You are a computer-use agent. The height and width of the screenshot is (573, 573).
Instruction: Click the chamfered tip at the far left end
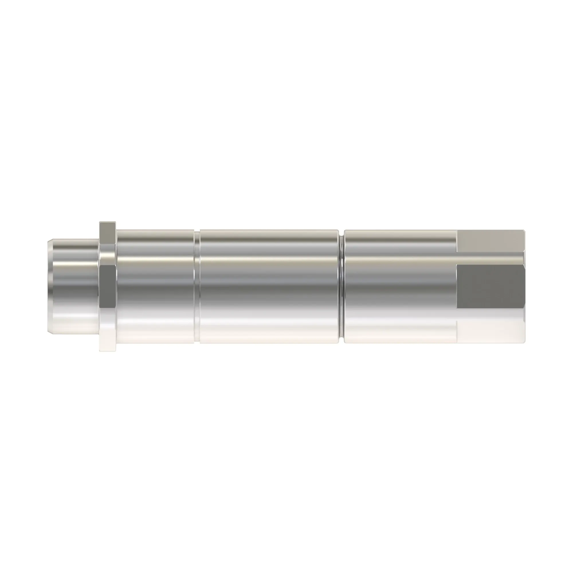[x=50, y=286]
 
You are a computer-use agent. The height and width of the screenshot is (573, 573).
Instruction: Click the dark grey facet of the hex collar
[x=108, y=286]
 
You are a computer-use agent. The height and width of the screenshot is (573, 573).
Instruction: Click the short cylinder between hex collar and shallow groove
[x=155, y=286]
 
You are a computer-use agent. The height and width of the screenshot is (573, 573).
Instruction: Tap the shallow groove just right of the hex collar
[x=197, y=286]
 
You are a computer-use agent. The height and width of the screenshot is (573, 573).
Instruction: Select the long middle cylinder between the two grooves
[x=268, y=286]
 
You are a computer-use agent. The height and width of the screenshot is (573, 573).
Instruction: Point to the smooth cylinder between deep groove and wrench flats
[x=401, y=286]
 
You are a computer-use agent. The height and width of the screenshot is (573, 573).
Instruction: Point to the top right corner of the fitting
[x=525, y=230]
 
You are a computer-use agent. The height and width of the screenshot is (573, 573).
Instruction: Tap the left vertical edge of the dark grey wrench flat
[x=457, y=286]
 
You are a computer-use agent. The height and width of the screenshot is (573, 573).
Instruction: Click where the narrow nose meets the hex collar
[x=99, y=286]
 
